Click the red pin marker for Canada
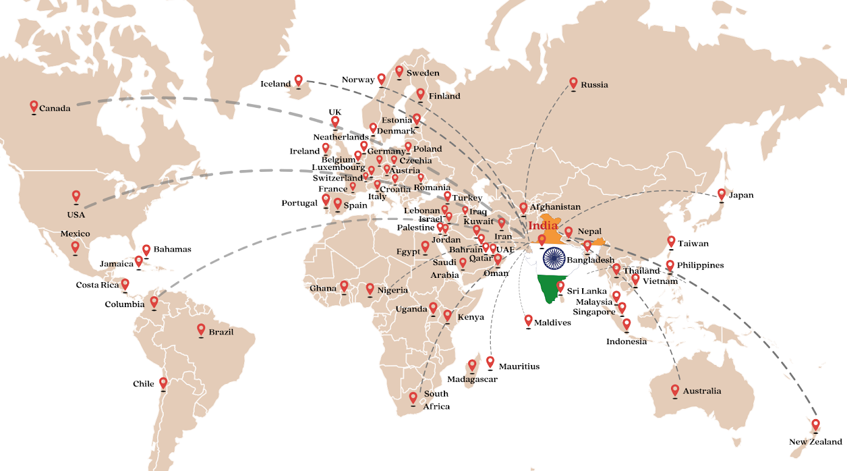33,107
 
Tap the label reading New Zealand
815,442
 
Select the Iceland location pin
298,80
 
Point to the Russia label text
594,85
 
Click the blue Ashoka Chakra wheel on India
554,258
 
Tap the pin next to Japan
722,194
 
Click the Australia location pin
675,390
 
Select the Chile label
144,384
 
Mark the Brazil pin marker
201,330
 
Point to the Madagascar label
472,379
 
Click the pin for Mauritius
490,362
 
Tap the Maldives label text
552,322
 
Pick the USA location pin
76,196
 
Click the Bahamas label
172,249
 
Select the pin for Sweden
399,71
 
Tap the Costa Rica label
97,285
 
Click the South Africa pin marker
413,398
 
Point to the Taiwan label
693,243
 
